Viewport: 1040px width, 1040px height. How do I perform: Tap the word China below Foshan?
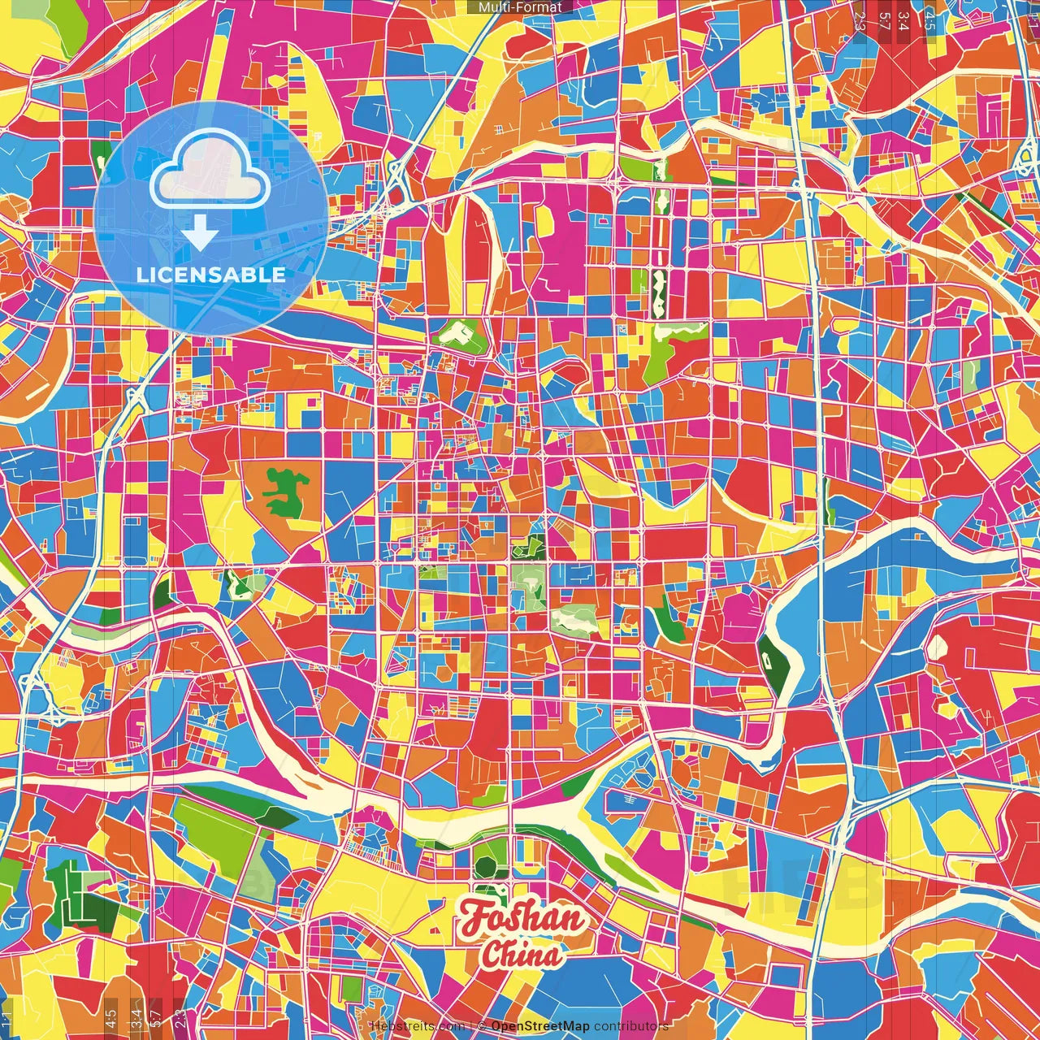(520, 955)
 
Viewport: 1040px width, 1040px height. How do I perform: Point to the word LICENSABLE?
(210, 275)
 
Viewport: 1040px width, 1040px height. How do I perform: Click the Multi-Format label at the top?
(520, 7)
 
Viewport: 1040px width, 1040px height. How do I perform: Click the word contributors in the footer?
(630, 1026)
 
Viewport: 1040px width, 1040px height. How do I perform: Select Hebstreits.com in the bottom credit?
(417, 1026)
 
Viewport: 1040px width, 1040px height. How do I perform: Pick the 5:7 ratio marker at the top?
(883, 18)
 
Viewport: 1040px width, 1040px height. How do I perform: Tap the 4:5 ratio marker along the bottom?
(110, 1016)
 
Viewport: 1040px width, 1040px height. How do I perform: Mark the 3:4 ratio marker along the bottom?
(136, 1016)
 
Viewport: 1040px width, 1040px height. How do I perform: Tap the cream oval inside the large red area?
(937, 648)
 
